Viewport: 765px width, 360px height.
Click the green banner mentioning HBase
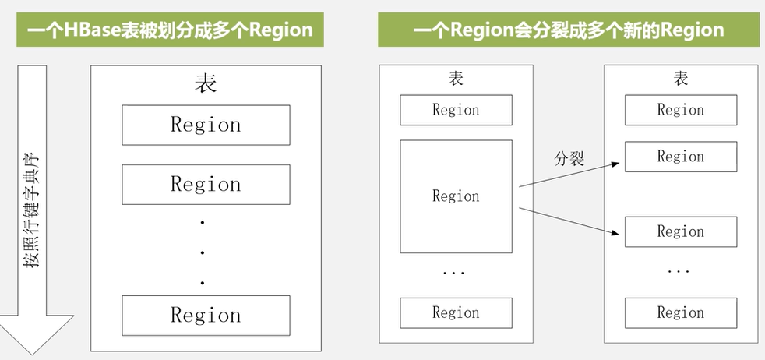(170, 30)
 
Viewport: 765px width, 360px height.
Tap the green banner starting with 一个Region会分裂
(568, 30)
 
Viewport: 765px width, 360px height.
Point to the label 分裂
(569, 159)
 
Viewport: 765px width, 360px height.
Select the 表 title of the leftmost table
(205, 83)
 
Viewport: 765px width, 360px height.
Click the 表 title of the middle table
(456, 79)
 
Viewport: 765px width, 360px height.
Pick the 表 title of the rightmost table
(680, 79)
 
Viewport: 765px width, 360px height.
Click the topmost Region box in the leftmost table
(206, 125)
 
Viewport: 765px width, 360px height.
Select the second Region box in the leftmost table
(206, 185)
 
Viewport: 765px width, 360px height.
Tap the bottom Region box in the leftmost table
(206, 315)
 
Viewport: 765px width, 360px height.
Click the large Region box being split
(456, 196)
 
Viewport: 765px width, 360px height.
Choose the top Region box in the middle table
(456, 110)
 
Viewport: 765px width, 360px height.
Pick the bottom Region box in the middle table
(456, 312)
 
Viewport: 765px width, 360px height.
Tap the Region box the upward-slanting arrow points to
(680, 157)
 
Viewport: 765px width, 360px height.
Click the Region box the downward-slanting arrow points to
(680, 231)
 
